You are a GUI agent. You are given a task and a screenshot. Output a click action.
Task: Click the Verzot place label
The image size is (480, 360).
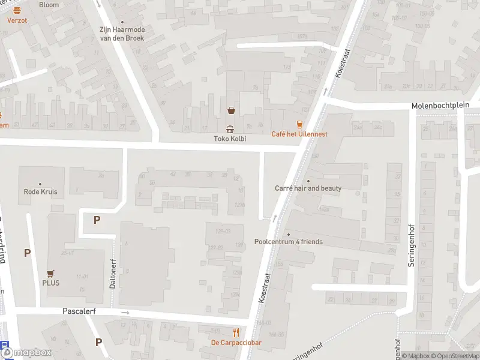click(x=17, y=19)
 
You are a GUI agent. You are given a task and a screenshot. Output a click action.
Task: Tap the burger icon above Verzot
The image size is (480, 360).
click(x=17, y=10)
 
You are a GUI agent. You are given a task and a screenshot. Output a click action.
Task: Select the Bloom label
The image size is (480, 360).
click(x=49, y=5)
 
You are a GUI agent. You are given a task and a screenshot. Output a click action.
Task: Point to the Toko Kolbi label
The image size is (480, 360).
click(x=230, y=139)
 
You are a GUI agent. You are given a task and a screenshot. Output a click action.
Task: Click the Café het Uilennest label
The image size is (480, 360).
click(x=299, y=134)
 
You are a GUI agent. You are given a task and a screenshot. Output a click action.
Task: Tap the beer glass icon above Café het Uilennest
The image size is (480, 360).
click(x=299, y=124)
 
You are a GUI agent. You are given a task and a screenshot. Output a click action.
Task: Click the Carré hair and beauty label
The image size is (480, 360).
click(x=308, y=188)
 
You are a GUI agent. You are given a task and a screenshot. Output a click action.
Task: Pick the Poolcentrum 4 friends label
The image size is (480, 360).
click(x=289, y=242)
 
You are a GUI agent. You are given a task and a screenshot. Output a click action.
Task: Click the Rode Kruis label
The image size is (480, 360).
click(x=40, y=192)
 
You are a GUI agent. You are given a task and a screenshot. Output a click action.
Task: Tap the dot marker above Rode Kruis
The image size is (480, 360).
click(x=40, y=184)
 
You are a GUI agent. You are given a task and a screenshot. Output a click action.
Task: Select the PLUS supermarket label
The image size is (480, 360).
click(x=50, y=283)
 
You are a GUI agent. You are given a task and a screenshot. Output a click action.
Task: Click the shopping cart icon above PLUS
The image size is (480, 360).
click(x=50, y=272)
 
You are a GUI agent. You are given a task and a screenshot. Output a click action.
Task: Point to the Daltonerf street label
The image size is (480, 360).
click(x=113, y=274)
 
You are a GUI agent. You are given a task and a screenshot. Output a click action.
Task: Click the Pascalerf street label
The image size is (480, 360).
click(x=79, y=311)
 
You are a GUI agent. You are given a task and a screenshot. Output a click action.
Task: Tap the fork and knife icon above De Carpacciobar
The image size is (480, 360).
click(x=236, y=332)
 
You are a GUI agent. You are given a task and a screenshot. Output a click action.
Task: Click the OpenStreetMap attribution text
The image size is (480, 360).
click(x=454, y=356)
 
